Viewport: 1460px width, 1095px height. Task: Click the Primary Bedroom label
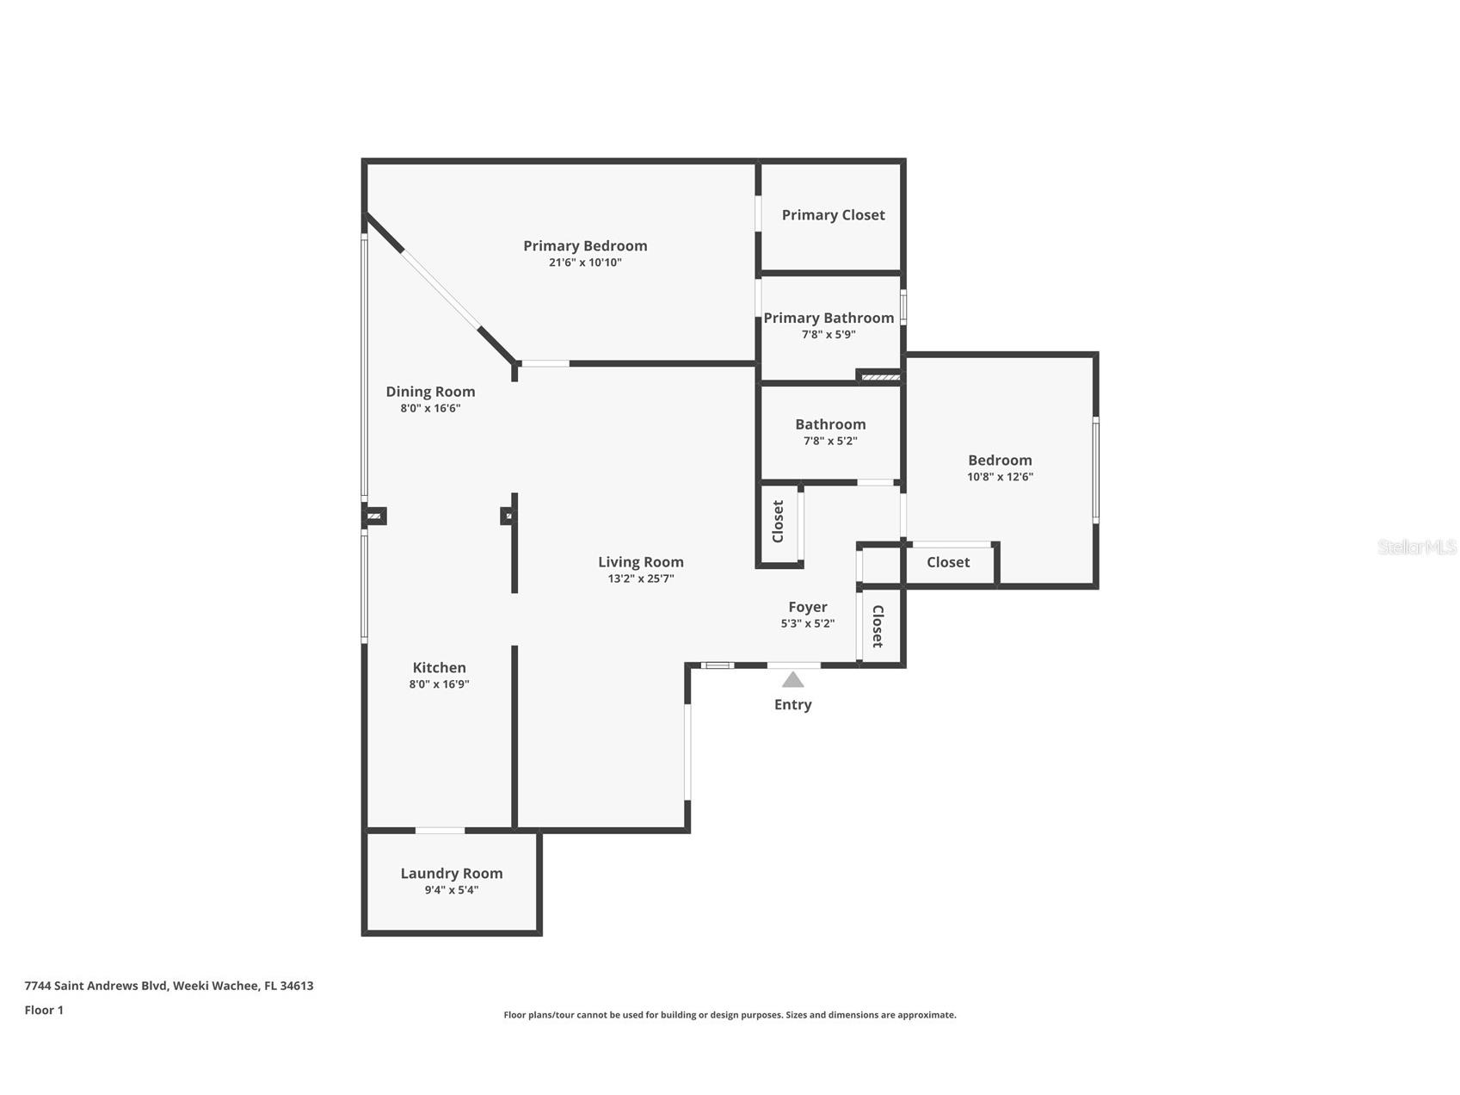click(x=585, y=246)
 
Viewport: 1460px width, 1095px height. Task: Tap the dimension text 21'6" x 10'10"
click(x=585, y=263)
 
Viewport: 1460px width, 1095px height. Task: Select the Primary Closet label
click(x=833, y=215)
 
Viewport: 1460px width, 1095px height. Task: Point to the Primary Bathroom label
click(x=829, y=318)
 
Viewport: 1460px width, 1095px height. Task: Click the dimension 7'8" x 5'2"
click(x=830, y=441)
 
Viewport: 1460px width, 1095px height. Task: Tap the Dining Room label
click(x=430, y=392)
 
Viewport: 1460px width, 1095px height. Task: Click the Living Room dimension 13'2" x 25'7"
click(x=641, y=578)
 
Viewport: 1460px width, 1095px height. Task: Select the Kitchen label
click(x=439, y=668)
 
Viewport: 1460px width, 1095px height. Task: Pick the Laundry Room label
click(x=451, y=873)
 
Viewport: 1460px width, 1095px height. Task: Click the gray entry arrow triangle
click(x=792, y=680)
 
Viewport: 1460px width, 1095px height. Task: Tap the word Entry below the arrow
click(x=792, y=704)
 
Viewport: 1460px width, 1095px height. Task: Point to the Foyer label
click(x=807, y=607)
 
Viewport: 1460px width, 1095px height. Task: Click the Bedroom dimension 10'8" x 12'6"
click(x=1000, y=477)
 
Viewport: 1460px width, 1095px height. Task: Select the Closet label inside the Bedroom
click(x=948, y=562)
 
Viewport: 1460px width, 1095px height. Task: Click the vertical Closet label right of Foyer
click(x=878, y=627)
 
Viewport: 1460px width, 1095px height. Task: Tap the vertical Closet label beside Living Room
click(x=778, y=522)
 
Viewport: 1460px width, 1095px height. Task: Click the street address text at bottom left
click(x=169, y=986)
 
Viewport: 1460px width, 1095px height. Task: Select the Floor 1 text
click(x=44, y=1011)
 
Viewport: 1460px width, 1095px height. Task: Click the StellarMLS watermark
click(x=1416, y=547)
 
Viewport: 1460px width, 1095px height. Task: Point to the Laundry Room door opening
click(x=440, y=831)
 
